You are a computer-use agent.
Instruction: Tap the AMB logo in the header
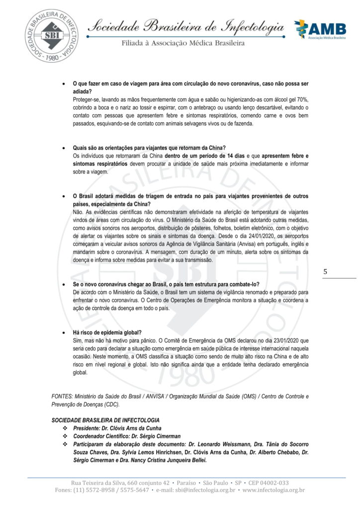click(x=318, y=30)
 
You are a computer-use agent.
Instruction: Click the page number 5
click(x=325, y=272)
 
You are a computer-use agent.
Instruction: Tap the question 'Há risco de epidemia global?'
click(x=107, y=333)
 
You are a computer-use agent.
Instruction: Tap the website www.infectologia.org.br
click(x=273, y=490)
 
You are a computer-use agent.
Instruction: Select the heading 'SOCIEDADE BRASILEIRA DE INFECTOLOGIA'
click(x=105, y=421)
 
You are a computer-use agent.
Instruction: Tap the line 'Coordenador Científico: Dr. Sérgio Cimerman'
click(x=127, y=436)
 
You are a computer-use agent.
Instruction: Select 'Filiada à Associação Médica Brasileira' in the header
click(x=183, y=43)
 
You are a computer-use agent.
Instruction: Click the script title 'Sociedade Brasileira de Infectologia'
click(x=185, y=26)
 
